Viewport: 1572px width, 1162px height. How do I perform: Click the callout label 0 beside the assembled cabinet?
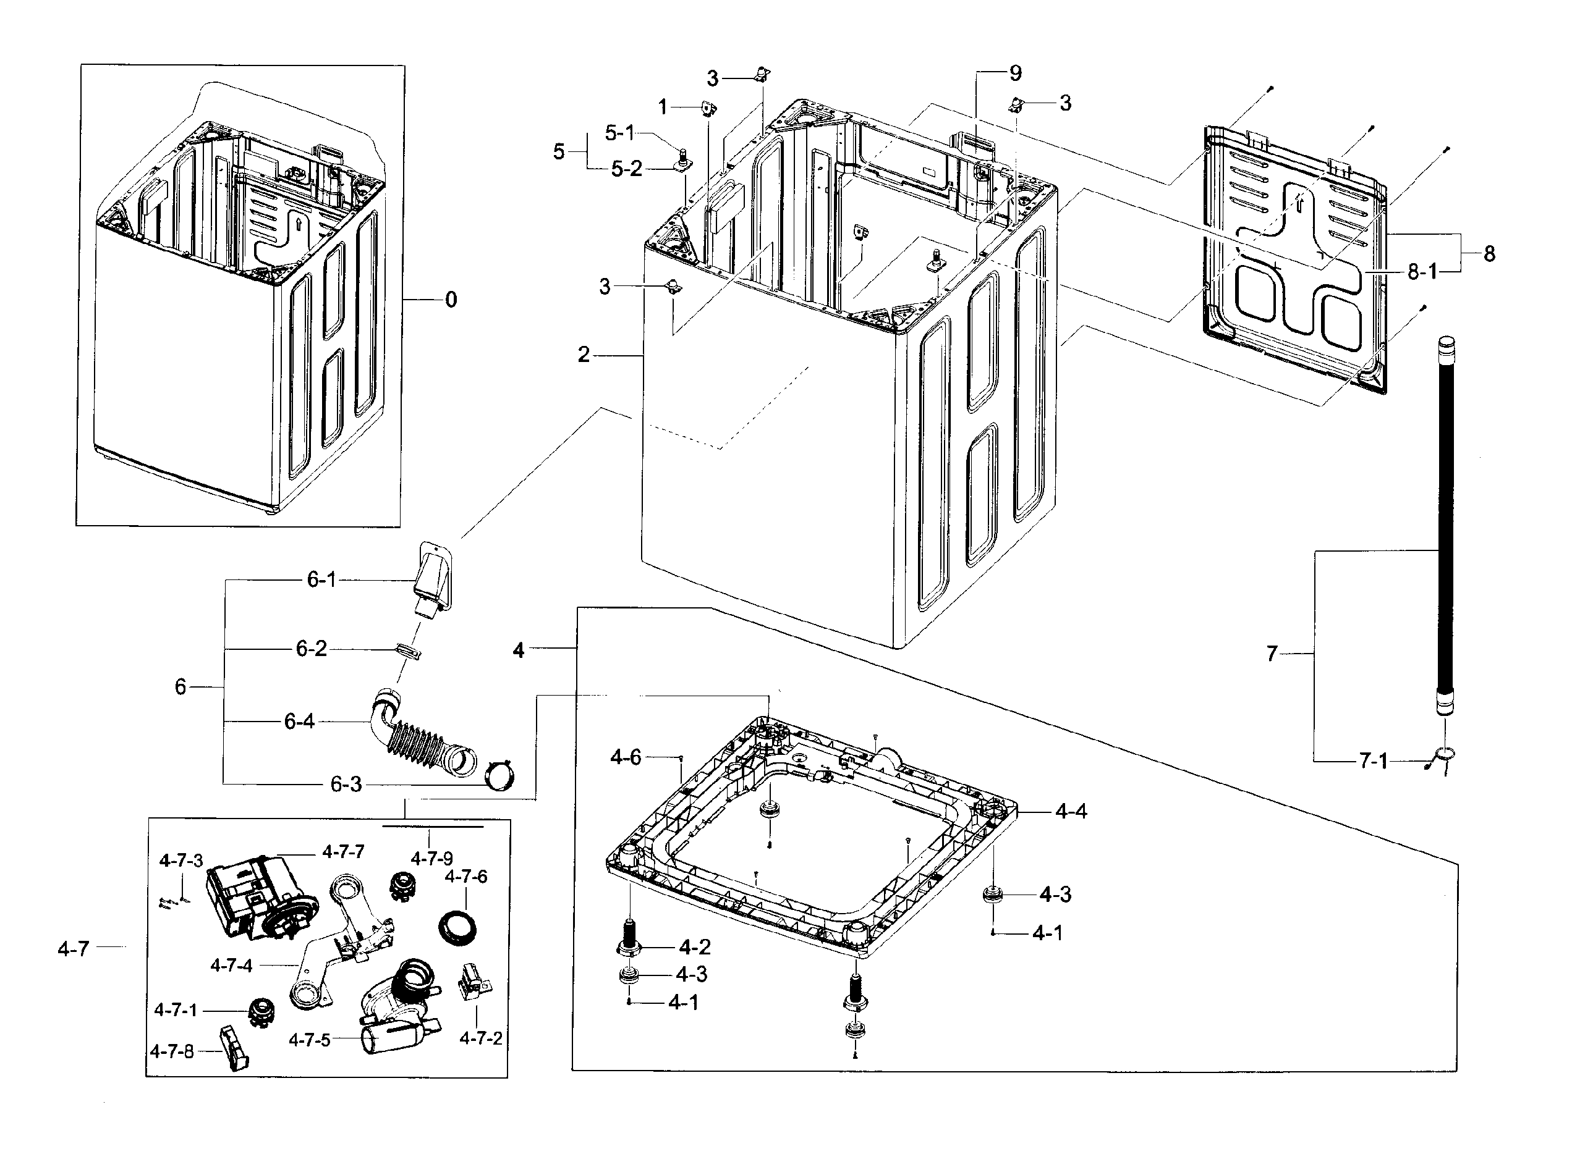[451, 300]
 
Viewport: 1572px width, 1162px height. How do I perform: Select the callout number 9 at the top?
[1016, 73]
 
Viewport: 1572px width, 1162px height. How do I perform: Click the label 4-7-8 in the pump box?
[171, 1052]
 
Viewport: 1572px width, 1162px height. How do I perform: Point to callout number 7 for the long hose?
[1272, 654]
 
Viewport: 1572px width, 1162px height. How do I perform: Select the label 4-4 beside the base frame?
[1071, 812]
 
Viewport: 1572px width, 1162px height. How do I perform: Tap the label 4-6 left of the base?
[626, 757]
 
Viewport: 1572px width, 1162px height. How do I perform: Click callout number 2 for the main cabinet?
[584, 355]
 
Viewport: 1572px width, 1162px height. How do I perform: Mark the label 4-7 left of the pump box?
[74, 949]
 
